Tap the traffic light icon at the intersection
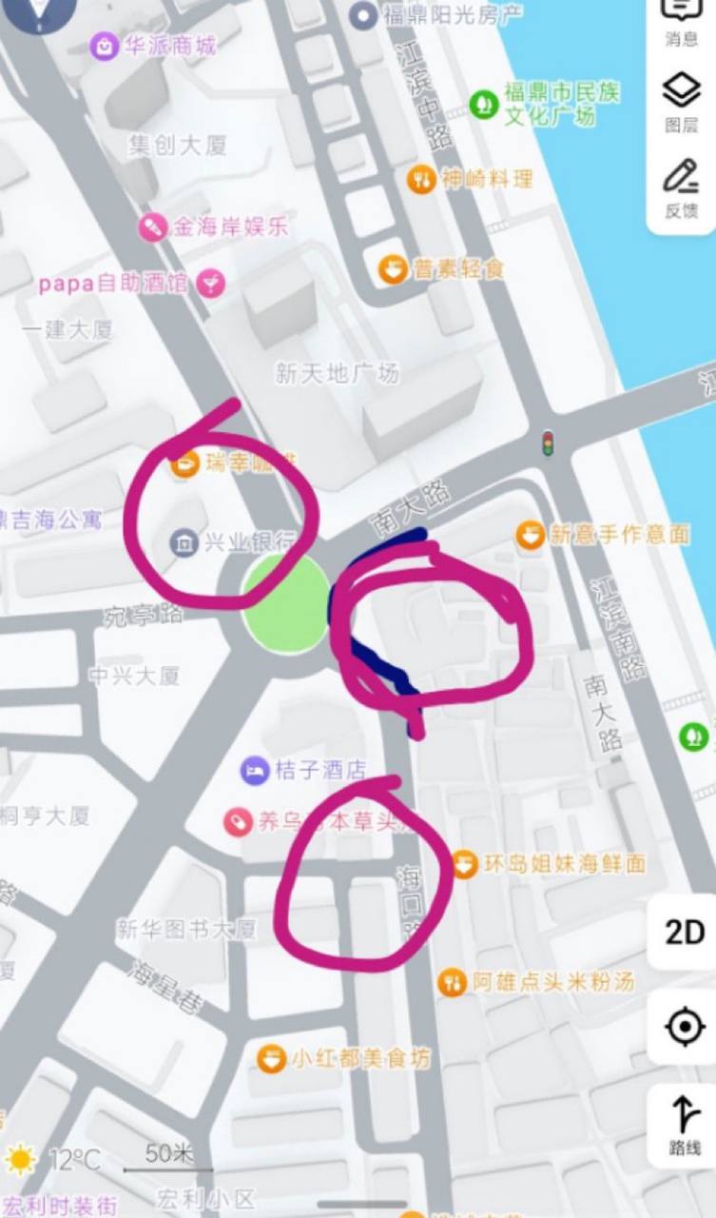548,442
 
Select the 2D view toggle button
685,933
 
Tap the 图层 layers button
681,103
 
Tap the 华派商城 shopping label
166,45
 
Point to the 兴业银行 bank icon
183,542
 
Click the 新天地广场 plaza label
337,373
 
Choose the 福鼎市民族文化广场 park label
561,105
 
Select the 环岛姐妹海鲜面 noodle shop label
564,864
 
